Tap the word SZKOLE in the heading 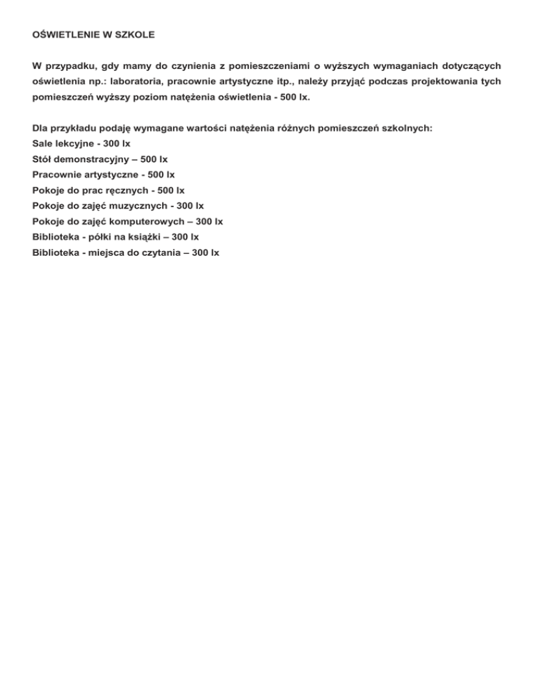pyautogui.click(x=135, y=33)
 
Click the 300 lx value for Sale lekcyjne pyautogui.click(x=116, y=145)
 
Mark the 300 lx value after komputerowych pyautogui.click(x=209, y=222)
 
